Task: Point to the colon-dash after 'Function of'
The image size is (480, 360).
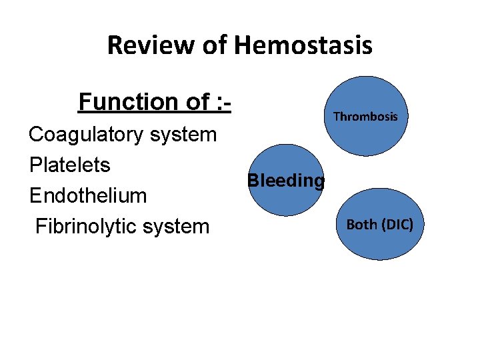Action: point(223,102)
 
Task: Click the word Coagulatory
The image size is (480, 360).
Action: point(87,135)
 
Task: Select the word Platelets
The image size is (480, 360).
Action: point(70,165)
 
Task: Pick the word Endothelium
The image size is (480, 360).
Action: point(88,195)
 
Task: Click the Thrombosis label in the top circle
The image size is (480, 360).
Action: point(365,117)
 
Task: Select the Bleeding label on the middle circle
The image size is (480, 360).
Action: point(286,181)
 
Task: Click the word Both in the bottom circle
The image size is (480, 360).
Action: point(363,225)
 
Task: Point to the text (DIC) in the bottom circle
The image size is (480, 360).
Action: point(397,225)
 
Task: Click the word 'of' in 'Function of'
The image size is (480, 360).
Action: point(197,102)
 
